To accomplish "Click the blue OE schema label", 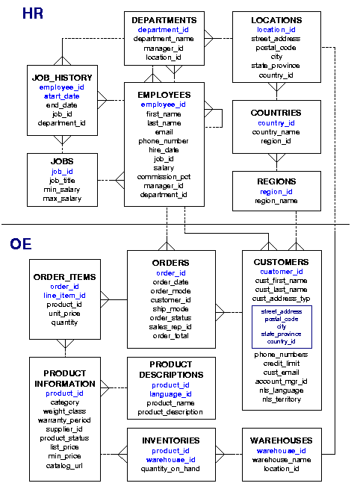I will [21, 243].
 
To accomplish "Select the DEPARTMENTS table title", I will [164, 19].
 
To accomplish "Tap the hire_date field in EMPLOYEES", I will [164, 150].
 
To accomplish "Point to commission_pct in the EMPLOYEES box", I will [164, 177].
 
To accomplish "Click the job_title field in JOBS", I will [62, 180].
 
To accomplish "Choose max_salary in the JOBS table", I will [62, 198].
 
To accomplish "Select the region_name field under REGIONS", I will [276, 201].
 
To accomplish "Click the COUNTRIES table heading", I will [276, 113].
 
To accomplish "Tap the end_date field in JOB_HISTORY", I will [62, 105].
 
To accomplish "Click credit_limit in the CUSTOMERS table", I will [281, 364].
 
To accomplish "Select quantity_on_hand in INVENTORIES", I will [171, 469].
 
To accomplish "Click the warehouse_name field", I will [281, 460].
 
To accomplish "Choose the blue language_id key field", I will [171, 394].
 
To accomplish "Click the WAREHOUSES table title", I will [281, 440].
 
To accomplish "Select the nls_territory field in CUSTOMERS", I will [281, 399].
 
